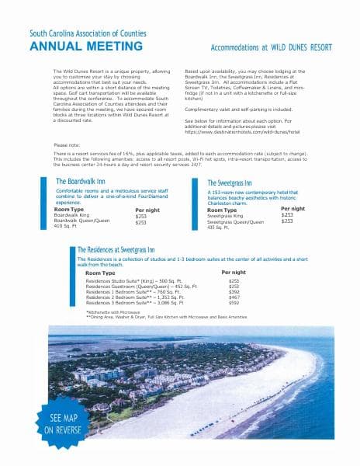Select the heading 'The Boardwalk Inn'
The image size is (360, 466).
pyautogui.click(x=81, y=181)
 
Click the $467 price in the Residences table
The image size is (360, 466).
pyautogui.click(x=234, y=297)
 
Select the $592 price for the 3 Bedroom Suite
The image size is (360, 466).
pyautogui.click(x=234, y=303)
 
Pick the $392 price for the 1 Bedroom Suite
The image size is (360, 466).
pyautogui.click(x=234, y=291)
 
